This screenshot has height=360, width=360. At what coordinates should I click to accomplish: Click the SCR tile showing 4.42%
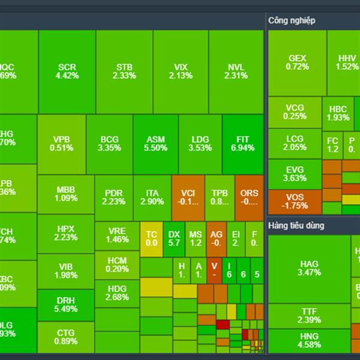coord(67,71)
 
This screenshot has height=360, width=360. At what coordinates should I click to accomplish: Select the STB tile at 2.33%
coord(124,71)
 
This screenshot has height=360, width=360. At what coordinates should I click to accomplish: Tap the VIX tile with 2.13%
coord(181,71)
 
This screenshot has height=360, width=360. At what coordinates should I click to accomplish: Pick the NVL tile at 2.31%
coord(236,71)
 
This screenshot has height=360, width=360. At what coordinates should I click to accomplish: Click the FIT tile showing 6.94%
coord(242,144)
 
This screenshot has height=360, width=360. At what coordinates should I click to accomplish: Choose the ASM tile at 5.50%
coord(156,144)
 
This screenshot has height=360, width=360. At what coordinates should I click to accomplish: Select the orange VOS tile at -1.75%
coord(295,202)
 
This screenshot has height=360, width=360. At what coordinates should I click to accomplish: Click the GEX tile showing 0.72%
coord(298,62)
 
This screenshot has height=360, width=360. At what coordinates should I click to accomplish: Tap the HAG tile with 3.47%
coord(309,268)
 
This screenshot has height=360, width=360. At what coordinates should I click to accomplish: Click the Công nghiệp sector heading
coord(292,20)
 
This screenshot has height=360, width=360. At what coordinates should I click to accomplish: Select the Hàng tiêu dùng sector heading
coord(296,226)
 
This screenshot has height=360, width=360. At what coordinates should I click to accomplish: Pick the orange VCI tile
coord(188,197)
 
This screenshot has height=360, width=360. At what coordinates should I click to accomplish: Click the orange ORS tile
coord(249,197)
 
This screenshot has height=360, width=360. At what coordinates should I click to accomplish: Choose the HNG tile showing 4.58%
coord(309,340)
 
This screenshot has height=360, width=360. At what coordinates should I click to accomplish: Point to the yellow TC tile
coord(151,238)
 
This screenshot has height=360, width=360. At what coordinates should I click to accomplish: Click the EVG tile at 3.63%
coord(295,174)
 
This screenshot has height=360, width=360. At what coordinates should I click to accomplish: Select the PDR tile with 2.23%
coord(113,197)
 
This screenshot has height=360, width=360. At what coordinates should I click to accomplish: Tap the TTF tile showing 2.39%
coord(309,316)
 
